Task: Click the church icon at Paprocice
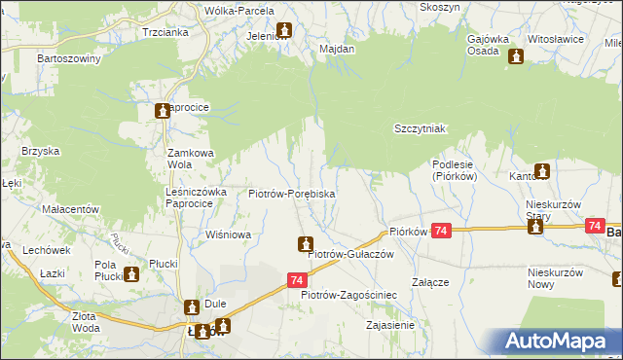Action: [163, 112]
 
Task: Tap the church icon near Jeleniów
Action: [283, 30]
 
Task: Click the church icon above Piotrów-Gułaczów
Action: [306, 243]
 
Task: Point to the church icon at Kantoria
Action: [542, 172]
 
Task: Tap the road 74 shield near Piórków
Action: [442, 231]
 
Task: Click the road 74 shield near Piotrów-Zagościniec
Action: [298, 280]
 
